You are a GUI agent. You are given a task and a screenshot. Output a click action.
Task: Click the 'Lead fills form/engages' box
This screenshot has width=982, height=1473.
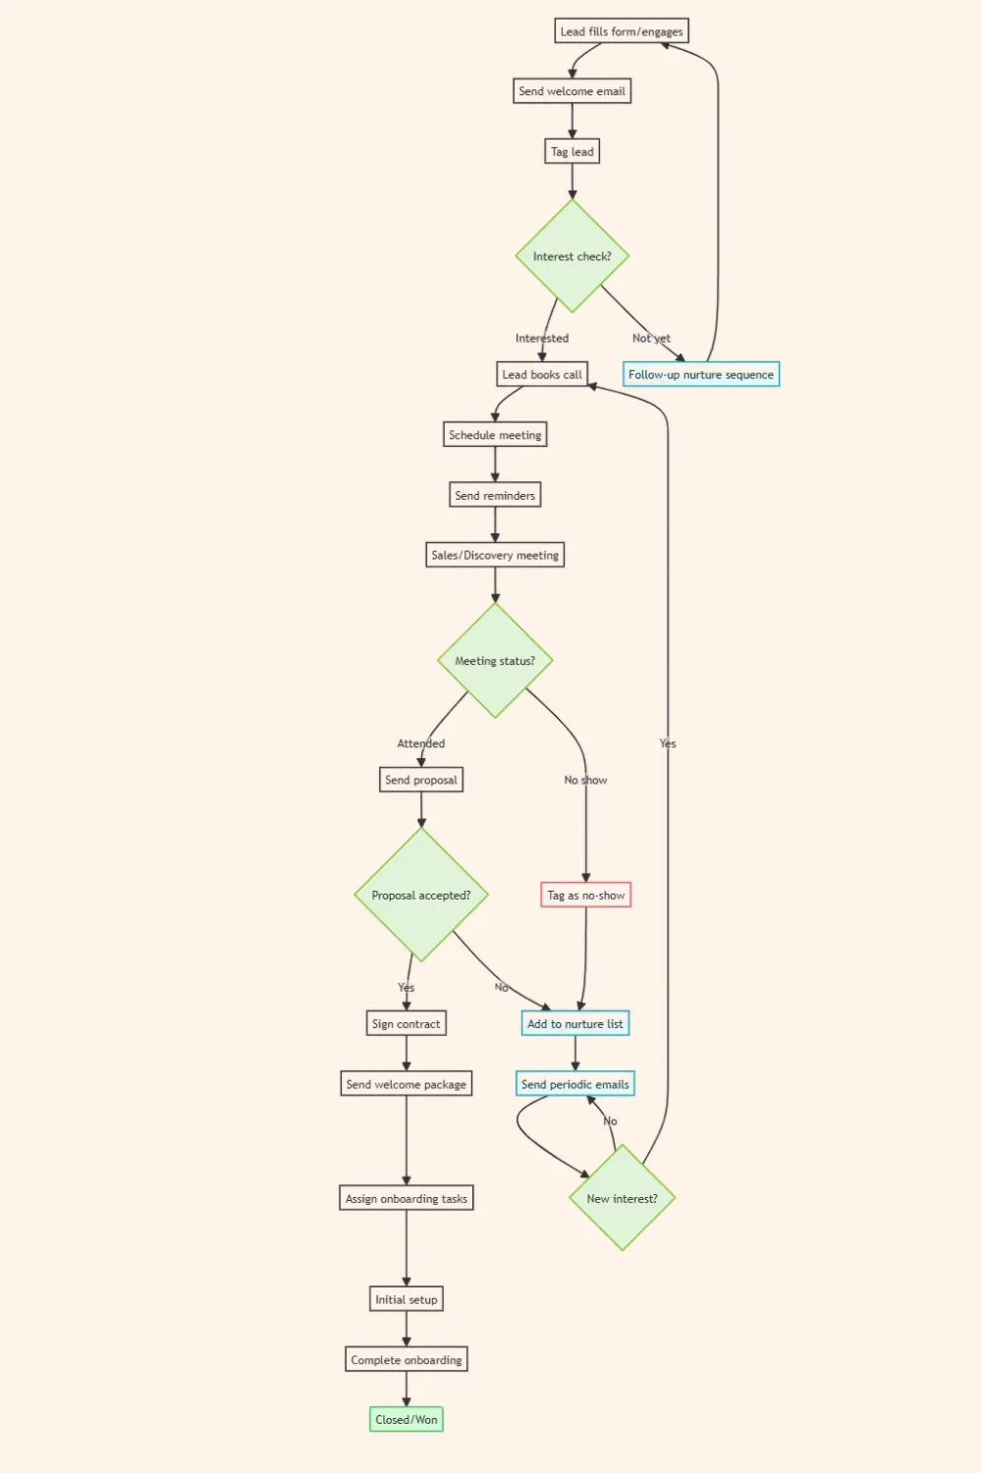click(x=621, y=31)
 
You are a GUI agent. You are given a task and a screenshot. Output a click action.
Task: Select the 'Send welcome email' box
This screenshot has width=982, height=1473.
click(x=572, y=91)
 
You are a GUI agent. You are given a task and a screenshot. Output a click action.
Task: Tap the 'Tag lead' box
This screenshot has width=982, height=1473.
click(x=572, y=151)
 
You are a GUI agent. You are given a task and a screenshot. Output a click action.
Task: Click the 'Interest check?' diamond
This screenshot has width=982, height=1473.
click(x=572, y=256)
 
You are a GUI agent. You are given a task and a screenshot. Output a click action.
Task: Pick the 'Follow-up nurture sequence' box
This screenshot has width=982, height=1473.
click(x=701, y=374)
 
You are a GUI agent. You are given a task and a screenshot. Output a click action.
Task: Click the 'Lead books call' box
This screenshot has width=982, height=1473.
click(x=542, y=374)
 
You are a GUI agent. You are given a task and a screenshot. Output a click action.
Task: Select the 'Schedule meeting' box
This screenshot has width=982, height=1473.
click(x=495, y=435)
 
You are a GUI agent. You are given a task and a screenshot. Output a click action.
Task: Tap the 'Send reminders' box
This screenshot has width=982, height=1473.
click(x=495, y=495)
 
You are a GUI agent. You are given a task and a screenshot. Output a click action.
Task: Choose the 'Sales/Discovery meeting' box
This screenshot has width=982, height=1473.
click(x=495, y=555)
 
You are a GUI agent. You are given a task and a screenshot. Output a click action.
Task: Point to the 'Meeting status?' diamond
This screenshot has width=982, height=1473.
click(x=495, y=661)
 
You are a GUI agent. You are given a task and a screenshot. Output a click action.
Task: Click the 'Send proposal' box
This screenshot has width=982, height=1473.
click(x=421, y=780)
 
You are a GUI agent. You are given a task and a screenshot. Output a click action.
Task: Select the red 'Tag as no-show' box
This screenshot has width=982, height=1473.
click(x=585, y=895)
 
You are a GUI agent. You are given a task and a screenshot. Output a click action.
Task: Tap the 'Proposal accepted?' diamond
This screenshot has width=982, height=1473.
click(x=421, y=895)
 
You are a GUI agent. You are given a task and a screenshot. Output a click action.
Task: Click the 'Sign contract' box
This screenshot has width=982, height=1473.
click(x=406, y=1023)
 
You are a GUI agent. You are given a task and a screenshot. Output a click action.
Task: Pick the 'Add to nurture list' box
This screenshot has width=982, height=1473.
click(x=574, y=1023)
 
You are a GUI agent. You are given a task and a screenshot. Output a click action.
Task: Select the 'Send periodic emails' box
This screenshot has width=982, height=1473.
click(x=574, y=1084)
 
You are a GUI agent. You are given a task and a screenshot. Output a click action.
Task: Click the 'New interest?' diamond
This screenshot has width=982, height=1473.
click(x=622, y=1198)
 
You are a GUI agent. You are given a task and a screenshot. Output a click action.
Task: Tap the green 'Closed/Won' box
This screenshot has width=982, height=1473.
click(x=406, y=1419)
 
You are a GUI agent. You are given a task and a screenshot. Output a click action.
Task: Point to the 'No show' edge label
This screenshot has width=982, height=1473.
click(x=585, y=780)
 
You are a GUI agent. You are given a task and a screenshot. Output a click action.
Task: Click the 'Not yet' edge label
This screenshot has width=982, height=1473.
click(x=651, y=338)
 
